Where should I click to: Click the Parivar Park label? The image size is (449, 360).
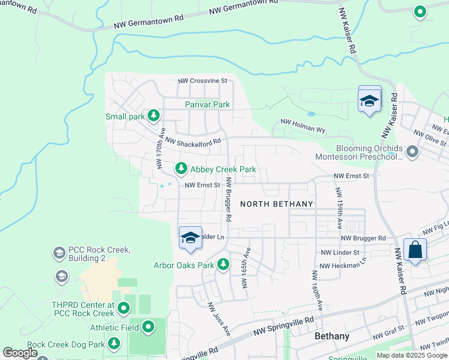click(x=207, y=104)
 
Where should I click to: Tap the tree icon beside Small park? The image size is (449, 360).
click(x=154, y=115)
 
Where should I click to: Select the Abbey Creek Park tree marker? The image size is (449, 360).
click(x=180, y=169)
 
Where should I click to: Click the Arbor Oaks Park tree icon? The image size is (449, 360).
click(x=223, y=264)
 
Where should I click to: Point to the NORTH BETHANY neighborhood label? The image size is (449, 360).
click(x=277, y=204)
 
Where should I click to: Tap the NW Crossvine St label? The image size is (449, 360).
click(x=202, y=80)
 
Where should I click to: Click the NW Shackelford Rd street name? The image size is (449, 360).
click(x=193, y=142)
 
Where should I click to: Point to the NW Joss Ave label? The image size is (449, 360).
click(x=219, y=319)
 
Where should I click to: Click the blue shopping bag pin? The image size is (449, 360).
click(x=415, y=250)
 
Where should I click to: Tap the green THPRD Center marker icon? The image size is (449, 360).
click(x=124, y=308)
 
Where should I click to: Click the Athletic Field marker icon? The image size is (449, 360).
click(x=148, y=328)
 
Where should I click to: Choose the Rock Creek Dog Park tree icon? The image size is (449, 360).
click(x=114, y=344)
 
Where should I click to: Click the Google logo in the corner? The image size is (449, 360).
click(x=20, y=353)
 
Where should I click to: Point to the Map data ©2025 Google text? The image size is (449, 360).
click(x=412, y=355)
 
